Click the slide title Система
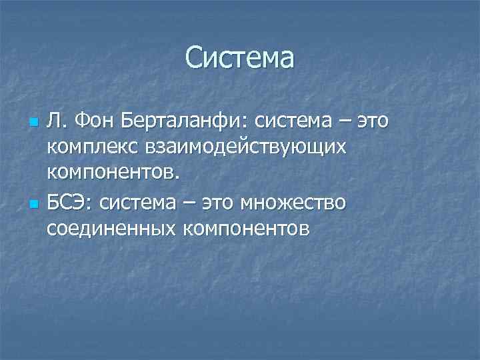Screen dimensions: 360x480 (x=239, y=57)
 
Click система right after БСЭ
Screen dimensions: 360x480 (x=139, y=202)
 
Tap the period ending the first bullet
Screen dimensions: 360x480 (x=177, y=179)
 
